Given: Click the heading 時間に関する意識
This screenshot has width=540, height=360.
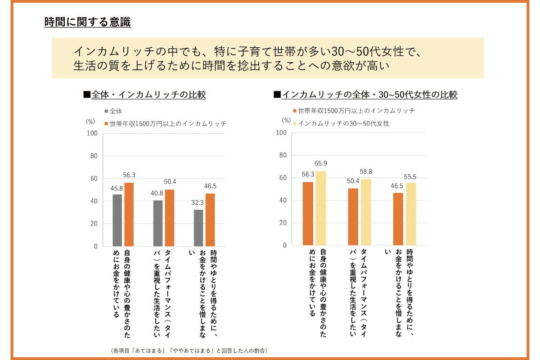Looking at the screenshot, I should (x=87, y=22).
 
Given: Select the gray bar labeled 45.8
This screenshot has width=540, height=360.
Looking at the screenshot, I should (x=117, y=220).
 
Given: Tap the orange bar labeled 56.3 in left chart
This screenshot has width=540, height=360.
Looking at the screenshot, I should (x=129, y=214).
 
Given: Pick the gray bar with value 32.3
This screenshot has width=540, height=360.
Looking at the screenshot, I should (x=198, y=228).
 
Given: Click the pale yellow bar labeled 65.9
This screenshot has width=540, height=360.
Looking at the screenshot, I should (x=320, y=208).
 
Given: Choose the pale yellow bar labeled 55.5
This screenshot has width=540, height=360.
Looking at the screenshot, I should (x=411, y=214).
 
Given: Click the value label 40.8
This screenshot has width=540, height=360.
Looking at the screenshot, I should (x=157, y=193).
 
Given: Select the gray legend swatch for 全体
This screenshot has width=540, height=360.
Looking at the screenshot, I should (x=106, y=111).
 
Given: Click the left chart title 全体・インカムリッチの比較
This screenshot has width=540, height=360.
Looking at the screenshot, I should (x=148, y=95).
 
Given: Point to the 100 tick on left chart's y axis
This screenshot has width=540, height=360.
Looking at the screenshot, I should (x=92, y=133).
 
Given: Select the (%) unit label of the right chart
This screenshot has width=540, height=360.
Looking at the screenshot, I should (x=286, y=120).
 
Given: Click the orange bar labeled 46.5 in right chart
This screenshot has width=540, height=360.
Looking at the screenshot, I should (x=398, y=219).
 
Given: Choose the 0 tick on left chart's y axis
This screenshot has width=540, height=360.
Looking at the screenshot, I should (x=95, y=246).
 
